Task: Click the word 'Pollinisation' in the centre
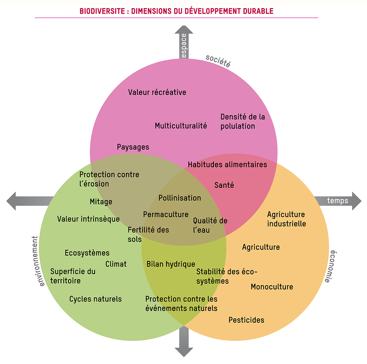pos(180,198)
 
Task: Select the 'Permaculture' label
pos(166,214)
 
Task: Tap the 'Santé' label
pos(224,185)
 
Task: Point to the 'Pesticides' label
pos(246,320)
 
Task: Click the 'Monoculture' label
pos(272,287)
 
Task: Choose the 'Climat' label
pos(116,264)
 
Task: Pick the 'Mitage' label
pos(101,202)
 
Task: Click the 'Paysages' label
pos(133,147)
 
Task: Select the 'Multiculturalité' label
pos(181,126)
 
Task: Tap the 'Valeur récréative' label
pos(157,92)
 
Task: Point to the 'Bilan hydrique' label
pos(171,264)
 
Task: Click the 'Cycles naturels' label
pos(95,299)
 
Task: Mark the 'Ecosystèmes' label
pos(87,253)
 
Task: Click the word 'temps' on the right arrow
pos(337,201)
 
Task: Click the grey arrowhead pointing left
pos(12,201)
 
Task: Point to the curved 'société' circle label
pos(218,61)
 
